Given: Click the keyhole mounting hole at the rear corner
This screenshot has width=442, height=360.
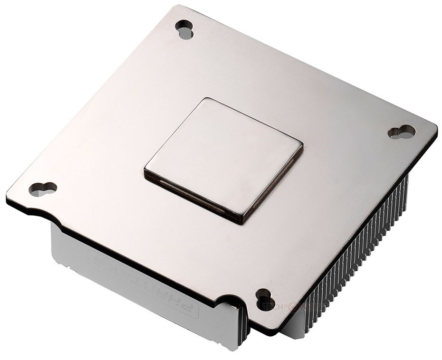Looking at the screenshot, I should coord(184,29).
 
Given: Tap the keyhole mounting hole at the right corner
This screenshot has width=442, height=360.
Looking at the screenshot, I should coord(402,132).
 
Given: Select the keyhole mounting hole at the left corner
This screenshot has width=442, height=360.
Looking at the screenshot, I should coord(42,189).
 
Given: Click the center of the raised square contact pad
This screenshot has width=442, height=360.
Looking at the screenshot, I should coord(223,160).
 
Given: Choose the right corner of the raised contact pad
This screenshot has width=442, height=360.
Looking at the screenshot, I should coord(302,143).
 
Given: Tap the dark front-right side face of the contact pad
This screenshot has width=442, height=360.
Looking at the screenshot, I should coord(273,185).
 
